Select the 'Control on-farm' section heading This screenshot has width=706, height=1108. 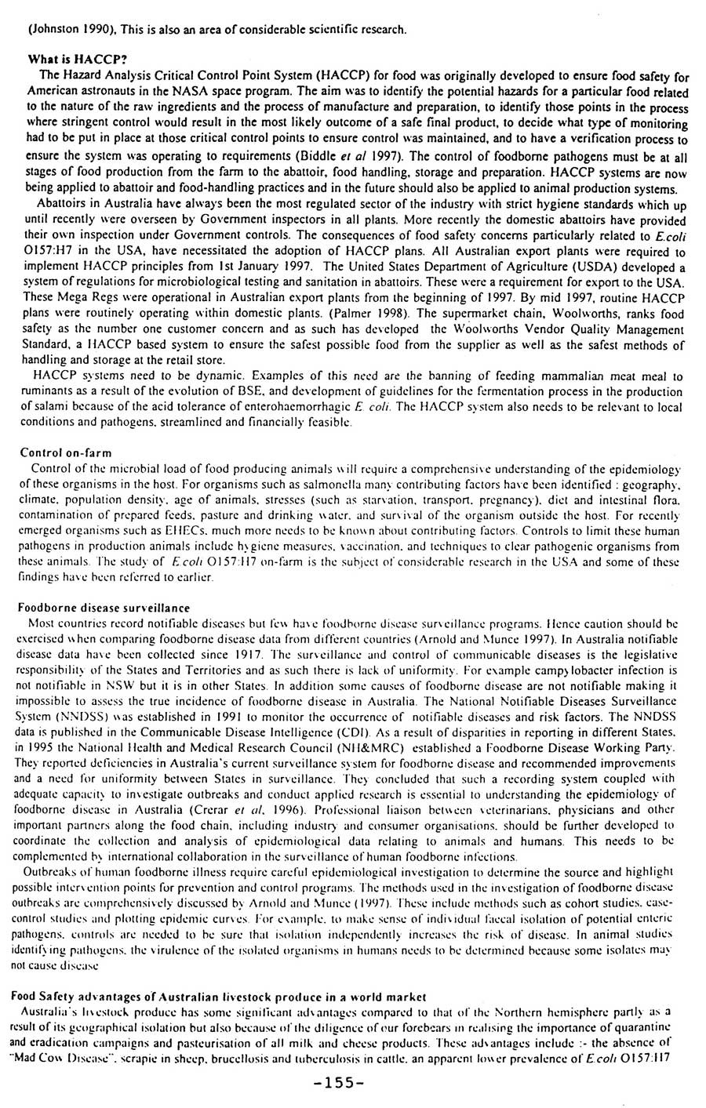66,452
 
